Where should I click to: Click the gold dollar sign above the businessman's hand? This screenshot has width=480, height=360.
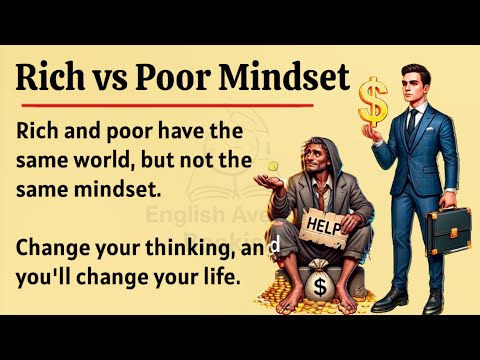(373, 100)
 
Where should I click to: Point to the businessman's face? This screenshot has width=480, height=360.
(416, 83)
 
